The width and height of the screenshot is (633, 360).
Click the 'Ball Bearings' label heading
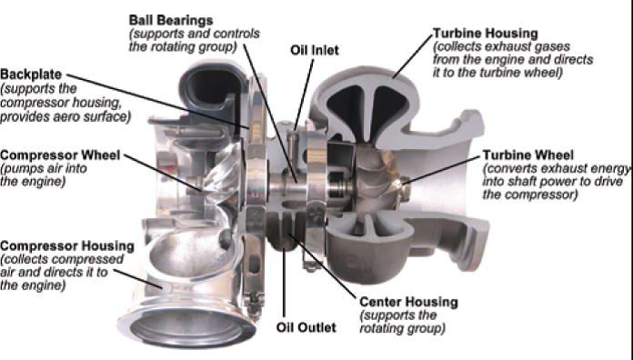pyautogui.click(x=171, y=20)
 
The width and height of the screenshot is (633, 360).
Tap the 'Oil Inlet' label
pyautogui.click(x=315, y=50)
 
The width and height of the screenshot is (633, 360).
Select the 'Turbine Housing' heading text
pyautogui.click(x=486, y=33)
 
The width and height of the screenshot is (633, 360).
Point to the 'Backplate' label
pyautogui.click(x=31, y=75)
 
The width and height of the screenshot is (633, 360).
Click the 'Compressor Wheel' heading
pyautogui.click(x=60, y=155)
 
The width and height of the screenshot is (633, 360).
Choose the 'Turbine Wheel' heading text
pyautogui.click(x=528, y=155)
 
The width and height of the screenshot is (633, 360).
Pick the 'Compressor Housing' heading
pyautogui.click(x=67, y=245)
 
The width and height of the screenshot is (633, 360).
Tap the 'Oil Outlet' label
pyautogui.click(x=306, y=327)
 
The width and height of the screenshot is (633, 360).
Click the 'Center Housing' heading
pyautogui.click(x=408, y=302)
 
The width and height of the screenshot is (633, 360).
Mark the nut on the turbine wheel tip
pyautogui.click(x=404, y=188)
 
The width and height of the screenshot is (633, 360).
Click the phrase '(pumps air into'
pyautogui.click(x=44, y=169)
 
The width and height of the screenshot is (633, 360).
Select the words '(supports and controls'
pyautogui.click(x=195, y=34)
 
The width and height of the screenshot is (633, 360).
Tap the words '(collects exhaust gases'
pyautogui.click(x=501, y=46)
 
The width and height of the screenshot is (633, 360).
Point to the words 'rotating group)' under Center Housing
pyautogui.click(x=403, y=328)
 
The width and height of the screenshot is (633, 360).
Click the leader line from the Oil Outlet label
pyautogui.click(x=284, y=283)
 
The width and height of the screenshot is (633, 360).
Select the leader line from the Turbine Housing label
pyautogui.click(x=413, y=56)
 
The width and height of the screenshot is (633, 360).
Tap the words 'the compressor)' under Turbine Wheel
pyautogui.click(x=530, y=195)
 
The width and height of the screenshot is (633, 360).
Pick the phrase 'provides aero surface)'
pyautogui.click(x=65, y=117)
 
